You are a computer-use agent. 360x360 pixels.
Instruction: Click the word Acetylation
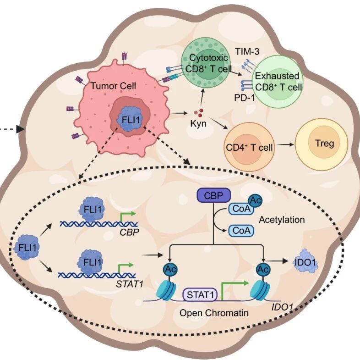coord(281,220)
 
